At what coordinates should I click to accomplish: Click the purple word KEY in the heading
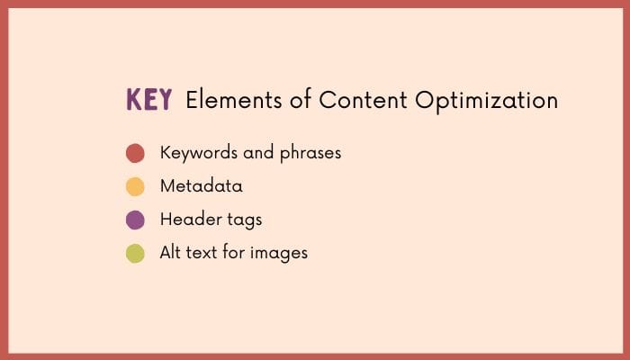click(x=148, y=100)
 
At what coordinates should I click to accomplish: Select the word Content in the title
click(x=350, y=100)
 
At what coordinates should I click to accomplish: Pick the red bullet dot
click(x=135, y=153)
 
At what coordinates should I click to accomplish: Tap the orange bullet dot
click(x=135, y=186)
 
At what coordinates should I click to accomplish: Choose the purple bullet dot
click(x=135, y=220)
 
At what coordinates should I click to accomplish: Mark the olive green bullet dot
click(x=135, y=253)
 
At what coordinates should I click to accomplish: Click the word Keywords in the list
click(x=198, y=153)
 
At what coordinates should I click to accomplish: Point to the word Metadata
click(x=201, y=186)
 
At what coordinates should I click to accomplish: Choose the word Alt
click(x=172, y=252)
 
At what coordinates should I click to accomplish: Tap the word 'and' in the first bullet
click(x=257, y=153)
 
